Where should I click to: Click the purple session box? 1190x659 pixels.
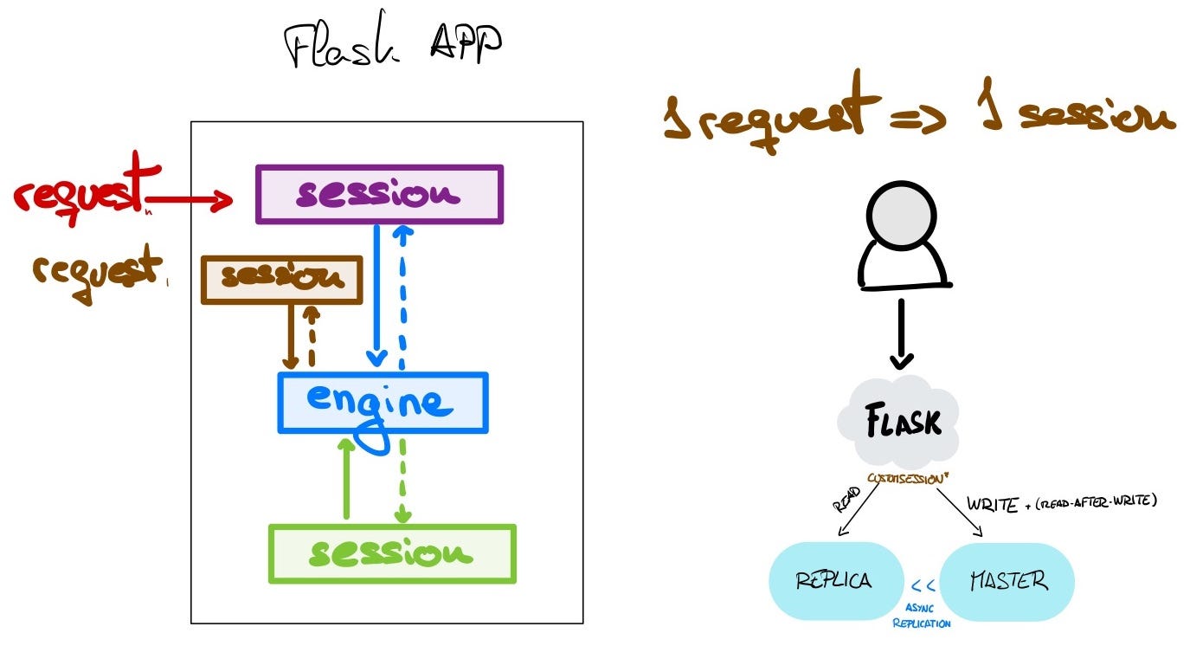(379, 195)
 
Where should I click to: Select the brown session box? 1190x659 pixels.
(281, 279)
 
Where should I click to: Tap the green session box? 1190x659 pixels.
(392, 553)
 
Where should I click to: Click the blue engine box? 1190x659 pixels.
(383, 403)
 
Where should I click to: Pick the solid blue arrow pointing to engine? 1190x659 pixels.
(376, 294)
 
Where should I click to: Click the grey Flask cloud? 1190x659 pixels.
(901, 423)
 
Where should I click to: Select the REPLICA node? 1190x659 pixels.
(834, 580)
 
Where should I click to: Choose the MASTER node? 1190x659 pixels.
(1007, 580)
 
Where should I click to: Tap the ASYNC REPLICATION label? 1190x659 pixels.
(921, 616)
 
